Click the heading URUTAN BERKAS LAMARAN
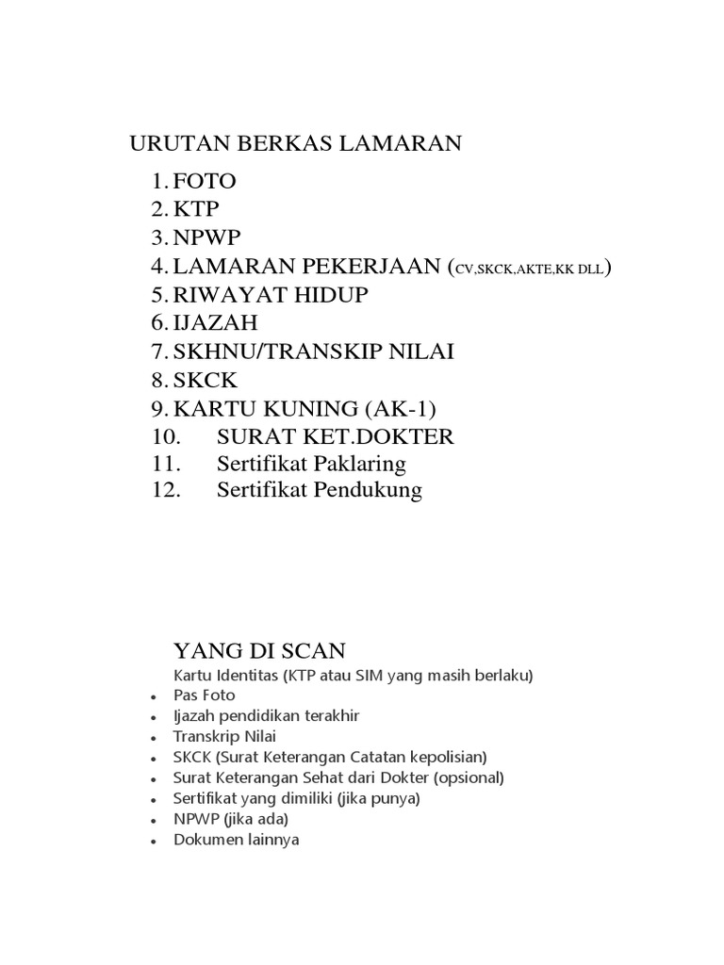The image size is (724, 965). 295,144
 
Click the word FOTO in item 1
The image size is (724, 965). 204,181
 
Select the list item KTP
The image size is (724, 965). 194,209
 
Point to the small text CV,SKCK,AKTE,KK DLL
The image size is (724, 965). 531,269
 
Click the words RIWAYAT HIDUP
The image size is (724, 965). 271,295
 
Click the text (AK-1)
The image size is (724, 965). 402,408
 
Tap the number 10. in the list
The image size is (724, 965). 164,436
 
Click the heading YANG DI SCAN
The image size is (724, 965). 259,650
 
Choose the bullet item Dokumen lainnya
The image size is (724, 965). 237,839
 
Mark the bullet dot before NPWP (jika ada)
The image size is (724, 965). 153,820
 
